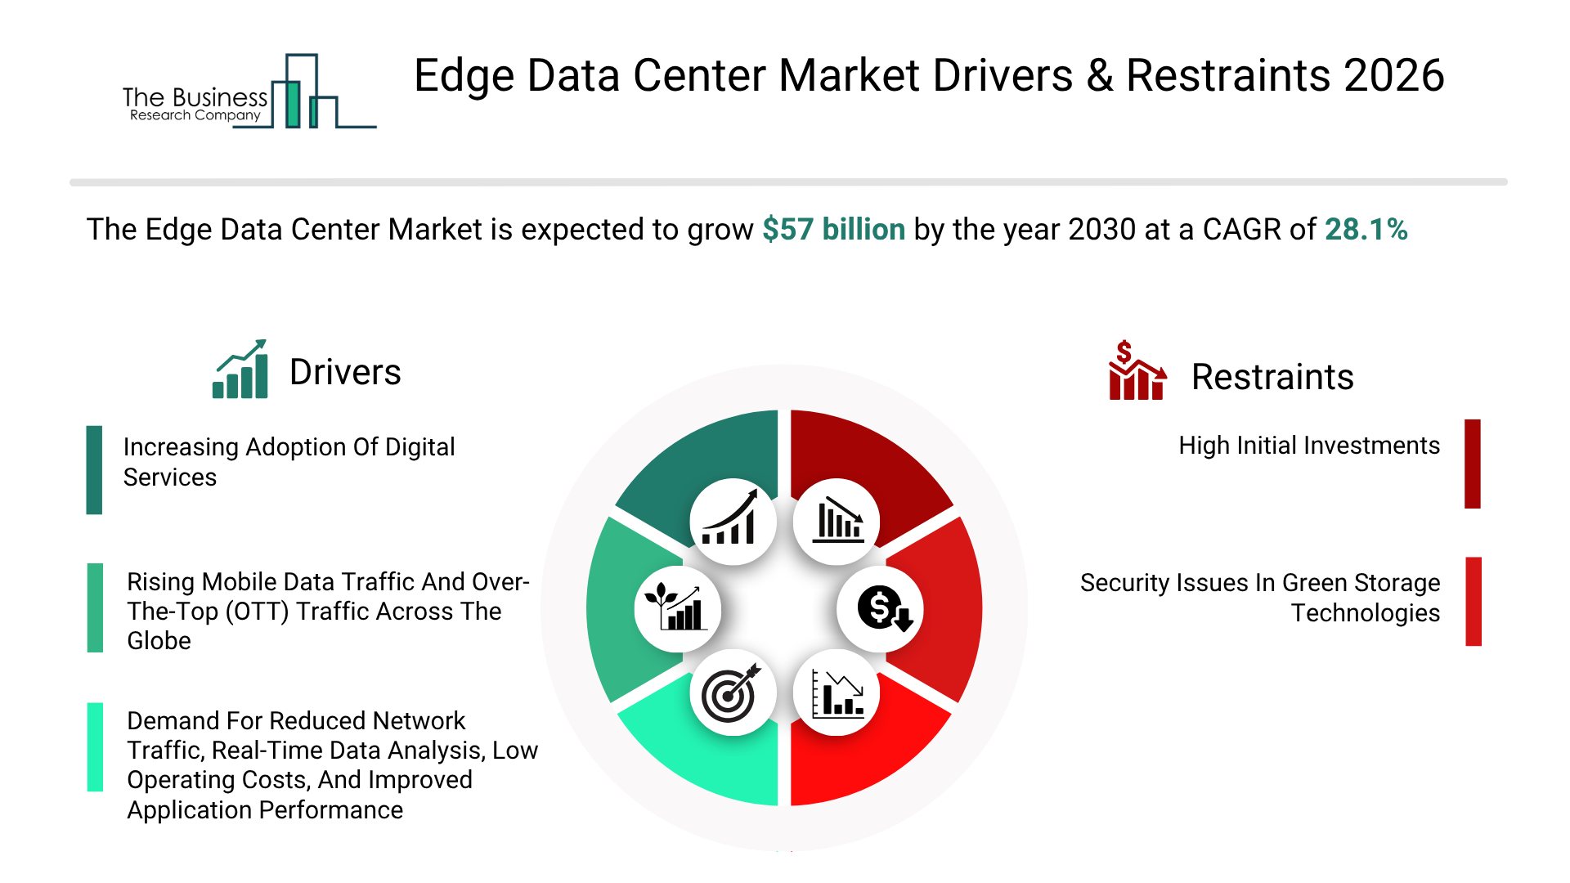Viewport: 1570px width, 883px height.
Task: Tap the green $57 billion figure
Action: tap(833, 230)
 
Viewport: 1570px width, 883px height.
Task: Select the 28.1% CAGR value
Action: tap(1366, 230)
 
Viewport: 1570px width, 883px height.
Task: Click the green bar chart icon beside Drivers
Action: tap(240, 370)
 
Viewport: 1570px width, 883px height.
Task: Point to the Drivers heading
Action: tap(345, 373)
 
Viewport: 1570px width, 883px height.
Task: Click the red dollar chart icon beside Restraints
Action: tap(1136, 371)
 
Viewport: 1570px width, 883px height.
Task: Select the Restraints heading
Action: tap(1272, 378)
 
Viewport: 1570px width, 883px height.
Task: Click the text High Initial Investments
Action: tap(1308, 446)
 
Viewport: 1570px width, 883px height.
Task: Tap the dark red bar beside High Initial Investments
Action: tap(1472, 464)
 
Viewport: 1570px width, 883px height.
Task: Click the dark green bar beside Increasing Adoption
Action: tap(94, 469)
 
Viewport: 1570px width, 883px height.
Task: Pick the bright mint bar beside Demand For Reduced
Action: tap(95, 746)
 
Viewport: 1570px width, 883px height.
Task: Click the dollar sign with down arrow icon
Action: tap(881, 609)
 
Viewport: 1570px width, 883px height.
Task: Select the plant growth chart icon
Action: tap(676, 609)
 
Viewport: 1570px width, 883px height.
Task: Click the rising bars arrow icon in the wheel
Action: tap(732, 522)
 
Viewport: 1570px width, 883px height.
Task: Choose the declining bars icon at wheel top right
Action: tap(837, 522)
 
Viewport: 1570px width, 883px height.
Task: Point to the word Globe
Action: tap(159, 641)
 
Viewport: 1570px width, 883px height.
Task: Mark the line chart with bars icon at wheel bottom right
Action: tap(837, 693)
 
